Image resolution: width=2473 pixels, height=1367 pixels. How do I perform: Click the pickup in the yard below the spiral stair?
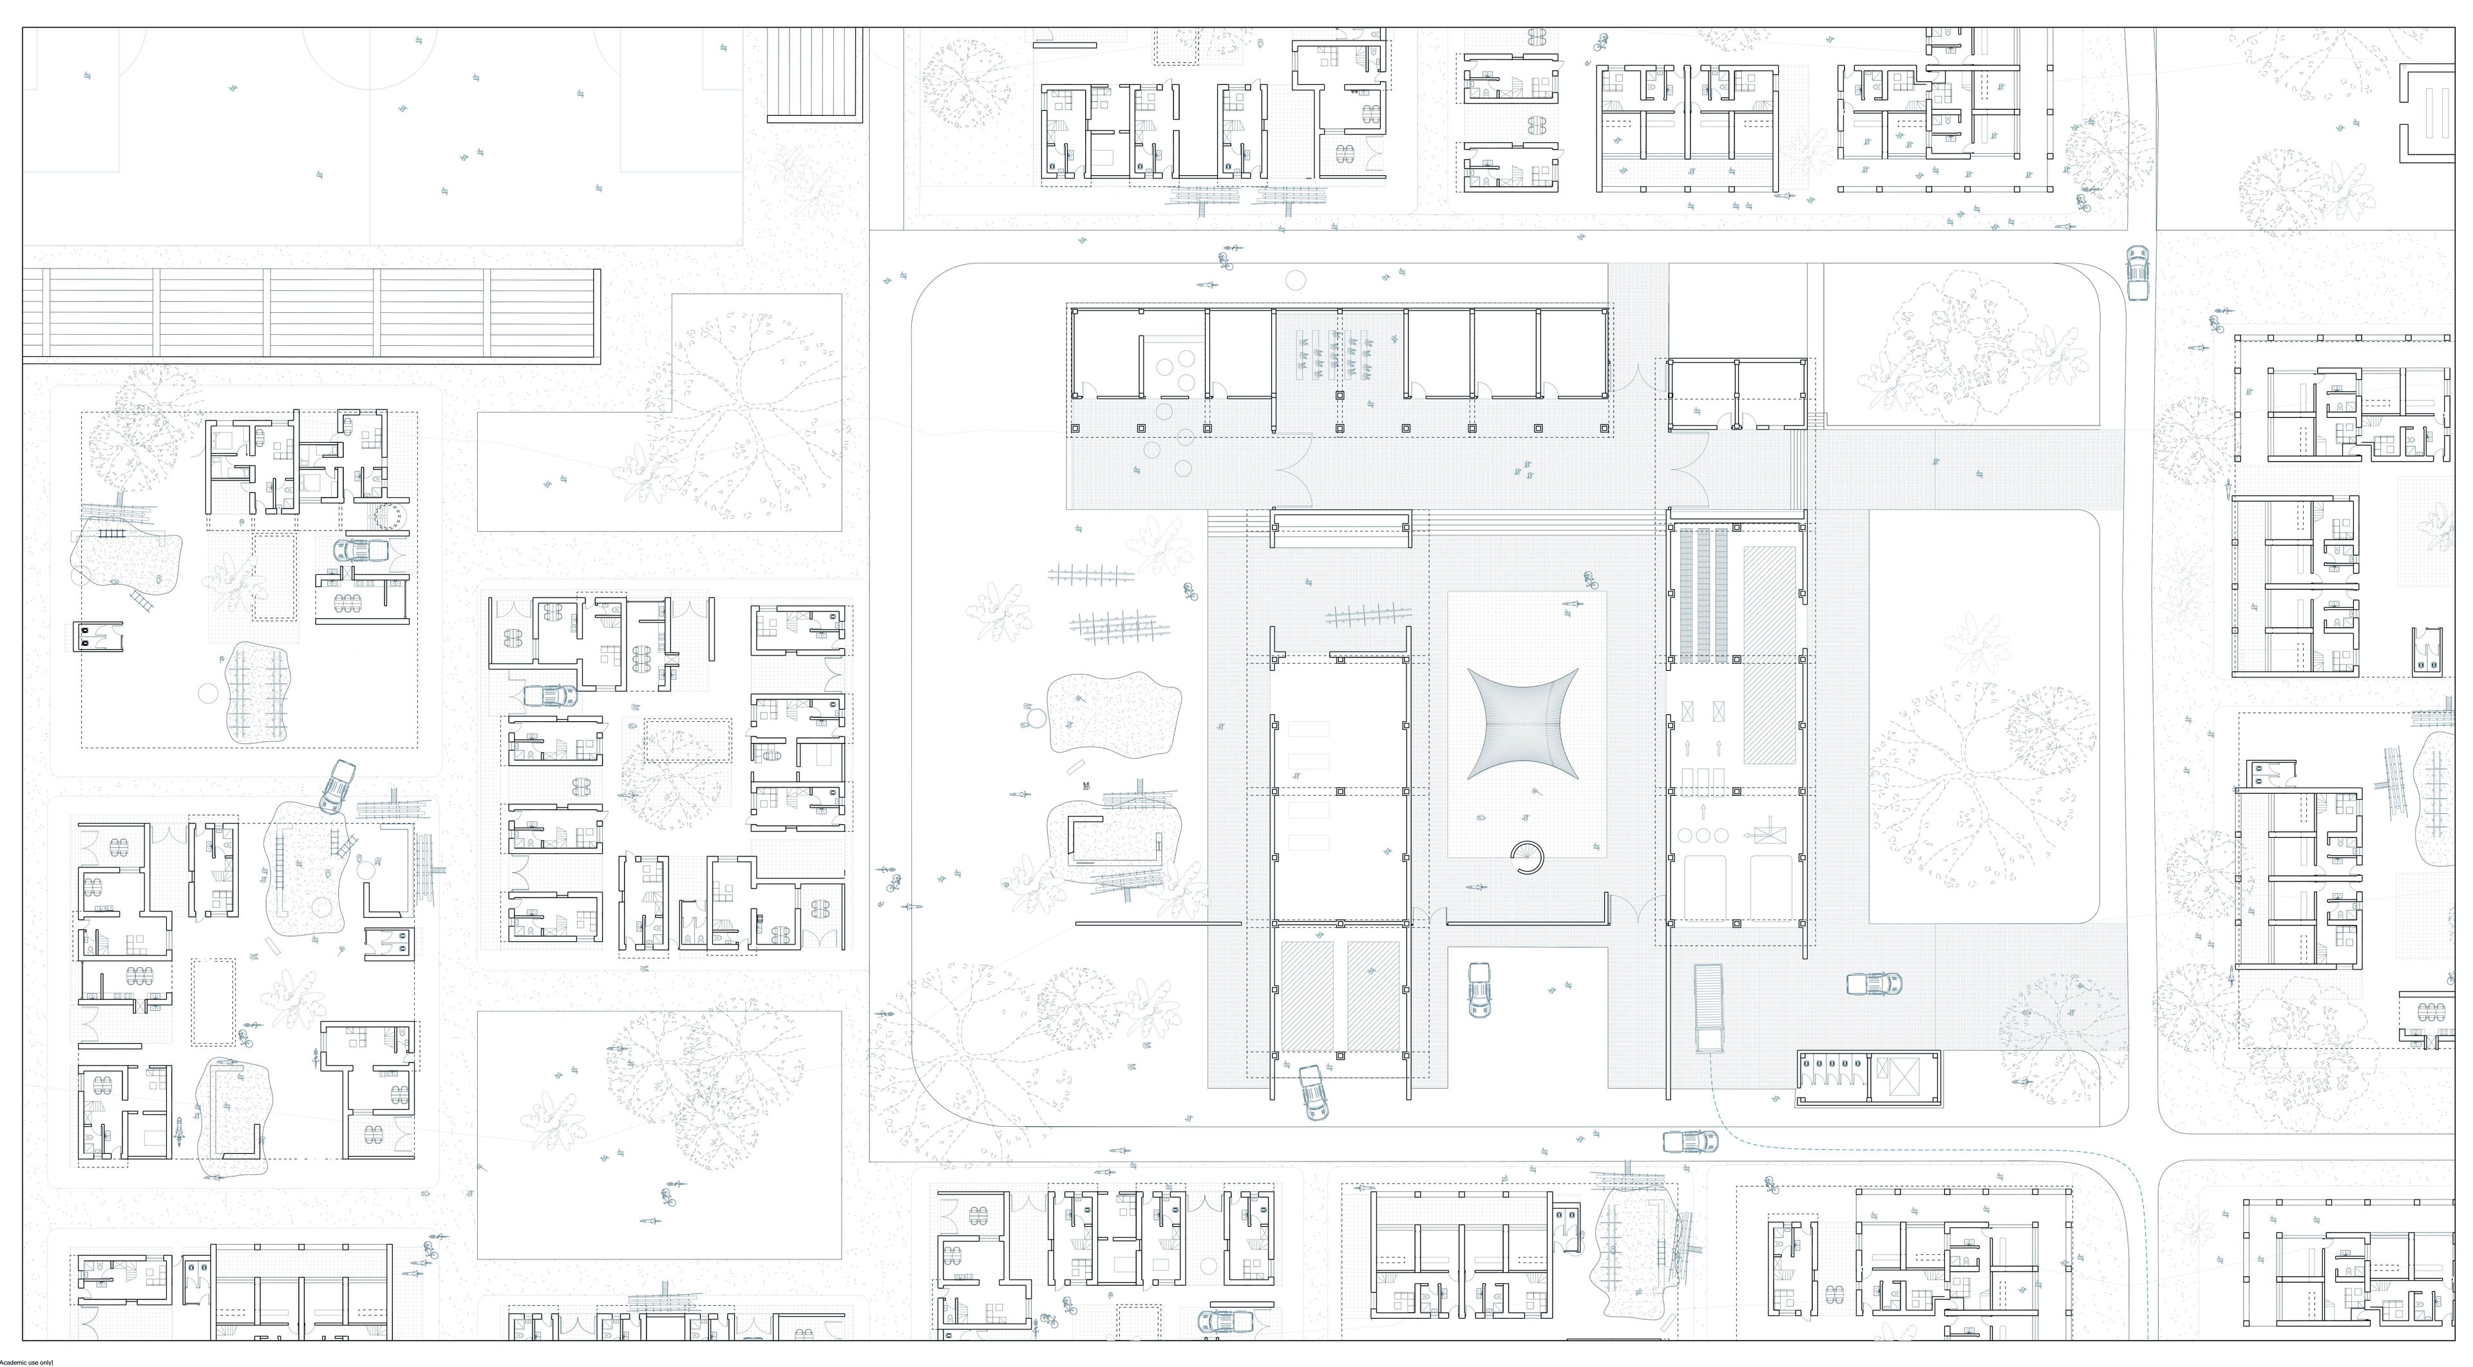coord(1479,990)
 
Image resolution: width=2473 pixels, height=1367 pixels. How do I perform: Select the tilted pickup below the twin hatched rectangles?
coord(1313,1093)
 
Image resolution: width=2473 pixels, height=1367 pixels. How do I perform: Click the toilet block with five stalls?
coord(1833,1077)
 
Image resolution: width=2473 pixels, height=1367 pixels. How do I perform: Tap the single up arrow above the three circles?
coord(1703,811)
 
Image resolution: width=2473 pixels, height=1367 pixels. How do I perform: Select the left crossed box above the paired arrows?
coord(1689,712)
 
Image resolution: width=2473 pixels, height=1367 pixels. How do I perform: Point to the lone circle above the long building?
coord(1295,280)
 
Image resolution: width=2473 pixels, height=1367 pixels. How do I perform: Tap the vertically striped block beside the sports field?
coord(814,74)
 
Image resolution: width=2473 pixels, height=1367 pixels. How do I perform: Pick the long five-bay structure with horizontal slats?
coord(311,316)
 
